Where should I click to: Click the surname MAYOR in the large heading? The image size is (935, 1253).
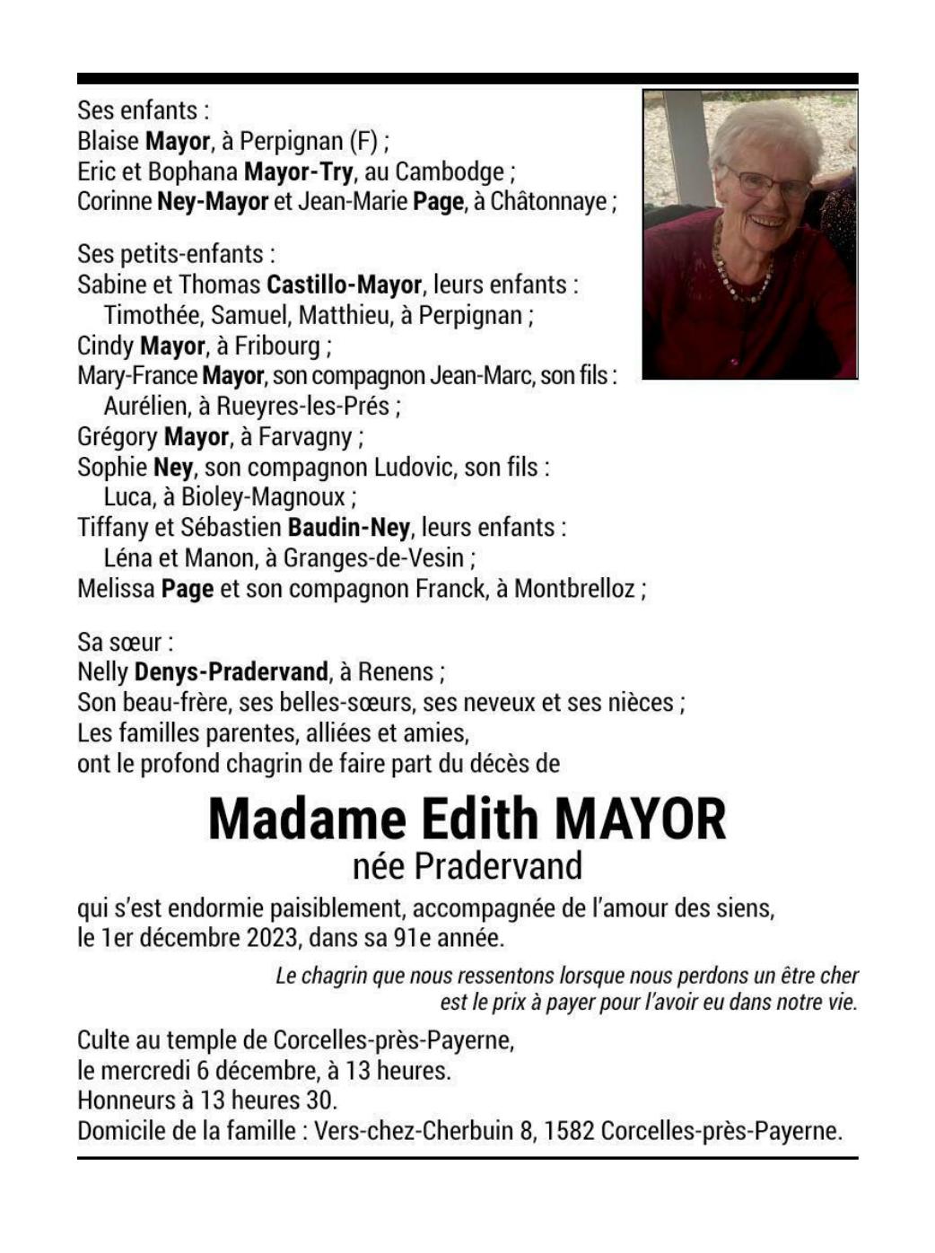(x=641, y=819)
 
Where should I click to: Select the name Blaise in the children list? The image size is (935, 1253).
(x=108, y=141)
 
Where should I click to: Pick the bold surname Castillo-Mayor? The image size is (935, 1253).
(x=344, y=285)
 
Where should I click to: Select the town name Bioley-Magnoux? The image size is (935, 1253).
(x=263, y=497)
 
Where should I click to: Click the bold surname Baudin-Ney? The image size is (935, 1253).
(x=348, y=527)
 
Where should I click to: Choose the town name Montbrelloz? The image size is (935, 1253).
(x=574, y=589)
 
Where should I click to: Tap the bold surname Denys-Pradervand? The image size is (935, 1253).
(x=231, y=671)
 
